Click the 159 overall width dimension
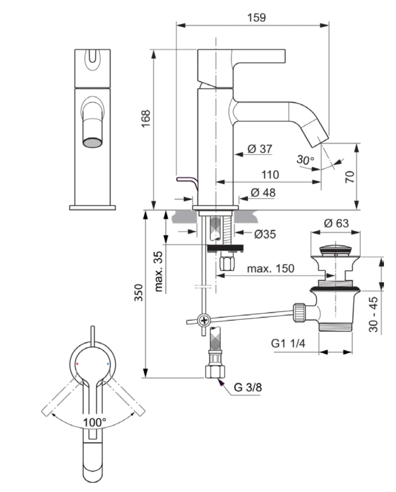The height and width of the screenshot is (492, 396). click(257, 18)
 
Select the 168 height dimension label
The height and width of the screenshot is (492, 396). click(146, 119)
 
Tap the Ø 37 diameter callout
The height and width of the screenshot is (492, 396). click(260, 149)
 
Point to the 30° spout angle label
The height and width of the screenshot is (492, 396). click(305, 160)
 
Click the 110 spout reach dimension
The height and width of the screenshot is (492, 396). click(270, 175)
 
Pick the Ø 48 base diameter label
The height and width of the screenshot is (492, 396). click(263, 193)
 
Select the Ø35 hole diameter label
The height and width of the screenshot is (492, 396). click(265, 234)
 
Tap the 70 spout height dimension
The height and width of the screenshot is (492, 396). click(350, 177)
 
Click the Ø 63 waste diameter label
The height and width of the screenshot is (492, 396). click(336, 224)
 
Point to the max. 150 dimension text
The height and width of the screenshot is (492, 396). click(271, 268)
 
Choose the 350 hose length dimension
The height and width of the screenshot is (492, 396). click(139, 293)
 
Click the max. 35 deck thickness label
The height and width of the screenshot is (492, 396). click(159, 271)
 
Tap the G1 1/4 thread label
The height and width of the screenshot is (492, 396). click(288, 343)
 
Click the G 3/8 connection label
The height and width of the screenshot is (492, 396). click(248, 387)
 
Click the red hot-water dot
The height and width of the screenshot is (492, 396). click(77, 364)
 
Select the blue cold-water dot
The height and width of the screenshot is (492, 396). click(108, 364)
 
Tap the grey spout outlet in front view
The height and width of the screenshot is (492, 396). click(92, 142)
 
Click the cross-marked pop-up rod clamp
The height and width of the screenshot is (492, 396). click(204, 320)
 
